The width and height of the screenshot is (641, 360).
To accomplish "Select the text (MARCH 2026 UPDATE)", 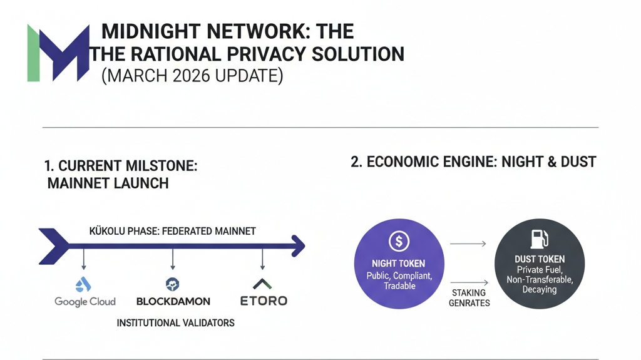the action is tap(192, 76).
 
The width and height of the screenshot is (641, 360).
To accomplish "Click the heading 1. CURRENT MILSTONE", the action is tap(121, 166).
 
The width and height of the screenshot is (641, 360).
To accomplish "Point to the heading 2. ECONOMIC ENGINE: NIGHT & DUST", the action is tap(473, 162).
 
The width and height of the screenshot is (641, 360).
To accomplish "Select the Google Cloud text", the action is tap(85, 302).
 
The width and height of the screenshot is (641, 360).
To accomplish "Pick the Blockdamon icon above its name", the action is tap(173, 284).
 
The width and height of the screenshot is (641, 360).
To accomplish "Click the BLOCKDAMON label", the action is tap(173, 302).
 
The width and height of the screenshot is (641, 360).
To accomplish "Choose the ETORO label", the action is tap(264, 301).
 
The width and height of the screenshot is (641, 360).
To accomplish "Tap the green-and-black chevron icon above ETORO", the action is tap(263, 284).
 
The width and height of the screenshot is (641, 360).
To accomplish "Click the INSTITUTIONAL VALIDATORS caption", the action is tap(176, 323).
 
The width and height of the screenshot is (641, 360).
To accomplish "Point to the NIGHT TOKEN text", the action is tap(398, 264).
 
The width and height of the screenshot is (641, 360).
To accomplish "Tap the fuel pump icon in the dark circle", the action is tap(539, 238).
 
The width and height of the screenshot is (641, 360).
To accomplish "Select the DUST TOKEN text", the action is tap(539, 259).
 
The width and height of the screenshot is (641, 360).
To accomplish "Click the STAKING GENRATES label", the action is tap(469, 298).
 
